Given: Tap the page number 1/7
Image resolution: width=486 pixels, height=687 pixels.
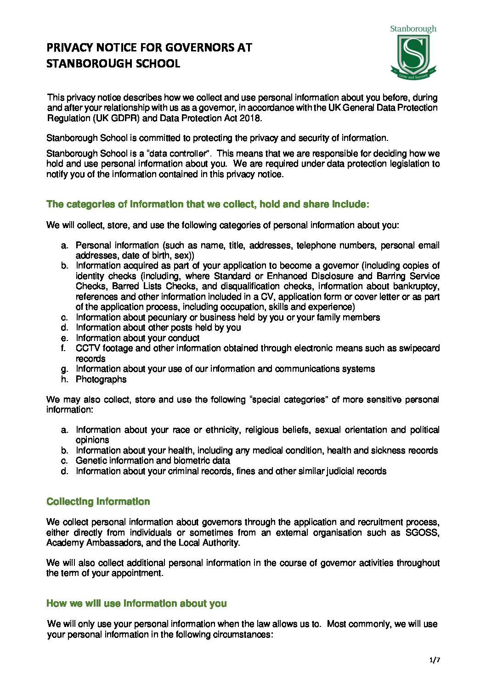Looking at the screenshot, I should tap(435, 660).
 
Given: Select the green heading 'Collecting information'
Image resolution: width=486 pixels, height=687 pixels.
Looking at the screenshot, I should tap(98, 502).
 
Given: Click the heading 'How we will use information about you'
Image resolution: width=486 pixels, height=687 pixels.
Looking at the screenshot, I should tap(136, 603).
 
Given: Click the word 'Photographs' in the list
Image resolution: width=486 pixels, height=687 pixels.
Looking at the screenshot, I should tap(101, 380).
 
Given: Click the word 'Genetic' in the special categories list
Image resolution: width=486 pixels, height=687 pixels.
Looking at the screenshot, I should tap(90, 461).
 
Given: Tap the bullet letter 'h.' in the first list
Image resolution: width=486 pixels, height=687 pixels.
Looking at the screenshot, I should tap(64, 380).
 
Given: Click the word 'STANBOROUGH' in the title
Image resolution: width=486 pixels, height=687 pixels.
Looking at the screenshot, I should tap(84, 64).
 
